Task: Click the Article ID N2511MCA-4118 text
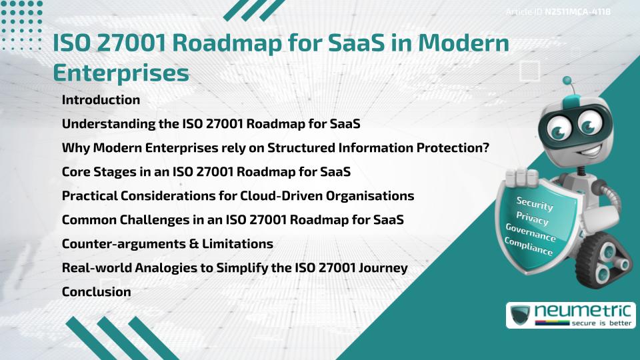559,11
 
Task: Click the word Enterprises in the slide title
121,73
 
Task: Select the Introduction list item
101,100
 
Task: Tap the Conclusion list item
96,291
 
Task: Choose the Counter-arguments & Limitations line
167,243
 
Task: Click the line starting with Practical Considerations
238,196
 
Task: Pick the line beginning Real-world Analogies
234,267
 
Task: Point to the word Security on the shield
535,204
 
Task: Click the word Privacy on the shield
532,219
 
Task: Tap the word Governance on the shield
530,233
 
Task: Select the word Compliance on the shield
528,247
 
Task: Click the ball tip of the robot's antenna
568,81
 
